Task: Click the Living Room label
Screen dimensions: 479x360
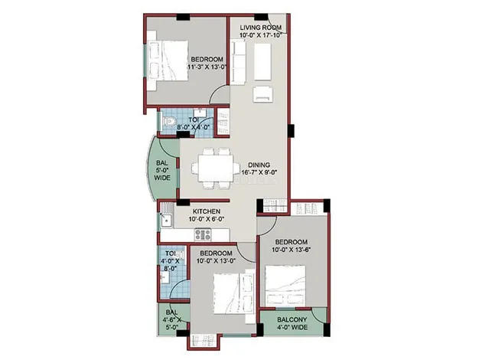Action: [261, 28]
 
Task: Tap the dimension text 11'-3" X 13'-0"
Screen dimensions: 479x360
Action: [207, 67]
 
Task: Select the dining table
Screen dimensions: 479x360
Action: [216, 169]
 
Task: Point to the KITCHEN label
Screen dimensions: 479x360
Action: [207, 211]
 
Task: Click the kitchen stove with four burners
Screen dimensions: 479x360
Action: [203, 235]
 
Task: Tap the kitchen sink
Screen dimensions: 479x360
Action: [165, 220]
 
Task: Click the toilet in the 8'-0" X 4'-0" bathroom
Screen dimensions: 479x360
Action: [169, 122]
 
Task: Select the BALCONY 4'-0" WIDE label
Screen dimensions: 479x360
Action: [292, 323]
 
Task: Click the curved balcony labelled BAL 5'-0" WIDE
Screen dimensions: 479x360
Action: [162, 170]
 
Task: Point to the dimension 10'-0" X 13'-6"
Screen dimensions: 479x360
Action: [291, 249]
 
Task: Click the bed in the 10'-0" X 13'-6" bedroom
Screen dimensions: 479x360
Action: [285, 286]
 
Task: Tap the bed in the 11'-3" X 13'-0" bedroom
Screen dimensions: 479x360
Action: [168, 61]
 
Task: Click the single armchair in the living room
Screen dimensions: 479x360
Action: [262, 93]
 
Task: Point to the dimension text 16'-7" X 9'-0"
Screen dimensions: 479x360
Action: [259, 172]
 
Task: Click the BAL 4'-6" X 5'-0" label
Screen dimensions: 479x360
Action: [172, 319]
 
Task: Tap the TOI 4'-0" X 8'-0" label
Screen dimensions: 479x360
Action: [170, 261]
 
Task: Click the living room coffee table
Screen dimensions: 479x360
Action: [262, 61]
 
